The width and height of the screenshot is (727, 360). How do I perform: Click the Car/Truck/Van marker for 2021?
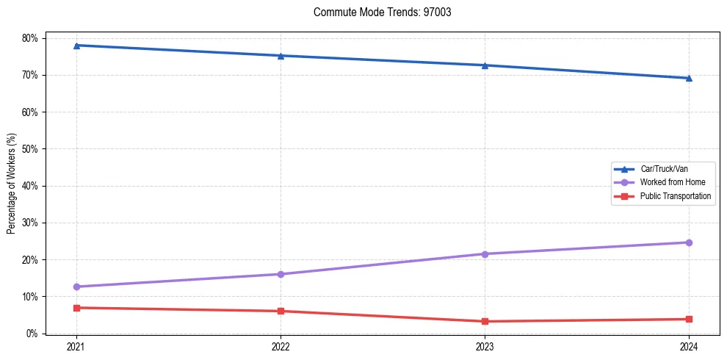76,46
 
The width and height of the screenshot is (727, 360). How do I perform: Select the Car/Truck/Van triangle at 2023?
485,65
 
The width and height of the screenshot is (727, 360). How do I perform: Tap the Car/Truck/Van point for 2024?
689,78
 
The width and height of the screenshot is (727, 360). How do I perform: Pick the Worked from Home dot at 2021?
76,287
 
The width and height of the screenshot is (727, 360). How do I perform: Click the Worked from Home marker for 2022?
281,274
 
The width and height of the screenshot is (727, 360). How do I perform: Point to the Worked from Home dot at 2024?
689,242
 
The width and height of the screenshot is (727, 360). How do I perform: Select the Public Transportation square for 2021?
76,308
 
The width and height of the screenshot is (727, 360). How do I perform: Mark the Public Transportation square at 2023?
485,321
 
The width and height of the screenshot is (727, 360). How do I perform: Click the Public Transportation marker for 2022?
281,311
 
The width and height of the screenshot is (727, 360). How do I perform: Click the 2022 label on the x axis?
281,346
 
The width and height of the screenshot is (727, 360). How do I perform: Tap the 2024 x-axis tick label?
689,346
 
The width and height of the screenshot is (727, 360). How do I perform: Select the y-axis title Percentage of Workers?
12,184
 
